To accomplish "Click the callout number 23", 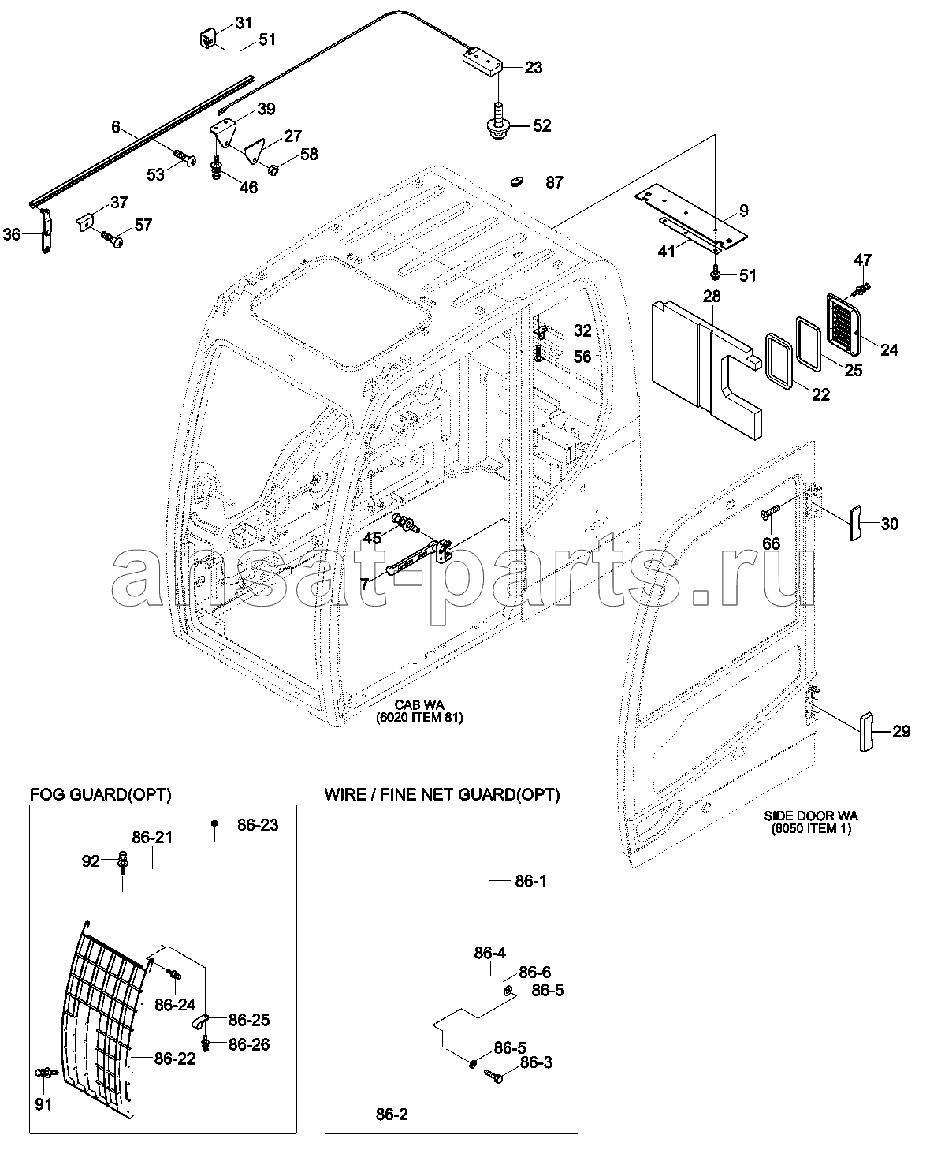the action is [x=533, y=68].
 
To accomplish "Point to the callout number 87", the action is [x=554, y=182].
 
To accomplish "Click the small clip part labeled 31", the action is [x=207, y=39].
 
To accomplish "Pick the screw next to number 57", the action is [x=112, y=238].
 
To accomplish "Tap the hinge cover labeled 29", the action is [x=866, y=732].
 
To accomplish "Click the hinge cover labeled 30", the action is [x=856, y=523].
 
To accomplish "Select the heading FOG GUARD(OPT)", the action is [x=100, y=794].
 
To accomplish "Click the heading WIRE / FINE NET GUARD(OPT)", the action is [x=442, y=794].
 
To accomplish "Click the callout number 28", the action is [x=712, y=296].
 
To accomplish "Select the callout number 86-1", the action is [x=530, y=880].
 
